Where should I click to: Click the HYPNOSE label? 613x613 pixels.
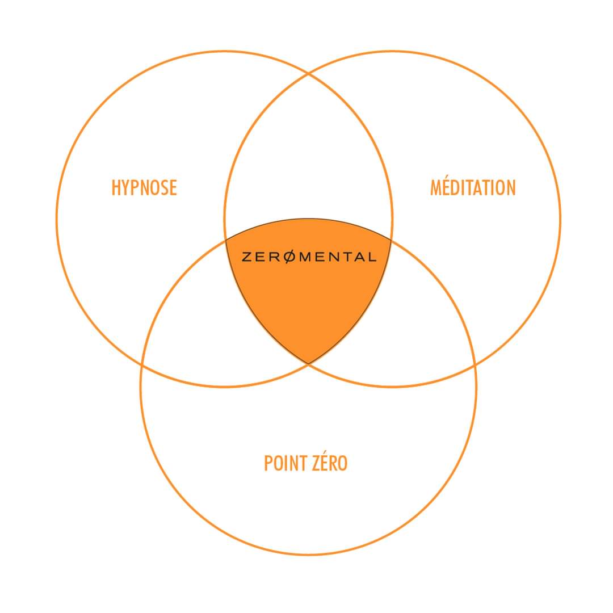coord(144,188)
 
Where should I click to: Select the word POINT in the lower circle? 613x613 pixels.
coord(284,463)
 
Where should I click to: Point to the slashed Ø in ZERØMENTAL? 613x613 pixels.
coord(289,257)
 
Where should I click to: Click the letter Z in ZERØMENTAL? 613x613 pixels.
coord(247,257)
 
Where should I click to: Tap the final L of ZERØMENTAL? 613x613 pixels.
coord(371,257)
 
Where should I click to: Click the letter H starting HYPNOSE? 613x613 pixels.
coord(116,188)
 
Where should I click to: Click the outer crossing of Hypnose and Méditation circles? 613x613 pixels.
coord(309,73)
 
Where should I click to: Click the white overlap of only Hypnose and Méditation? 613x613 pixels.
coord(309,157)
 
